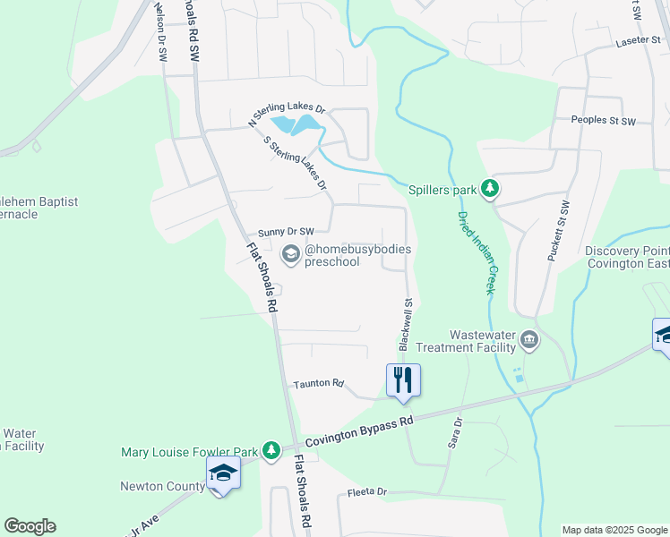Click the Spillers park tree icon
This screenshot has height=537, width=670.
(x=489, y=189)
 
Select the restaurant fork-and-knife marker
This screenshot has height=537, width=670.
(x=403, y=379)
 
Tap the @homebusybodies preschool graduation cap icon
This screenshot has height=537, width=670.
(x=290, y=255)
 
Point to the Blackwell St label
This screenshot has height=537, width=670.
(x=406, y=324)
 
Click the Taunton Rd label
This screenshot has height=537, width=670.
(x=318, y=384)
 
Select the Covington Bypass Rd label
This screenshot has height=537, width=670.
(x=359, y=431)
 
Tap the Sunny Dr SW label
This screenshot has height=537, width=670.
(x=286, y=231)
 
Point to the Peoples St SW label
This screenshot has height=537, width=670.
(x=603, y=120)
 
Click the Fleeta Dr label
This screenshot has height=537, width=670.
(x=366, y=492)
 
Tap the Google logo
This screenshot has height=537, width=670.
(x=30, y=526)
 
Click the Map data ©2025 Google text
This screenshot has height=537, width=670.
(x=614, y=530)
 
